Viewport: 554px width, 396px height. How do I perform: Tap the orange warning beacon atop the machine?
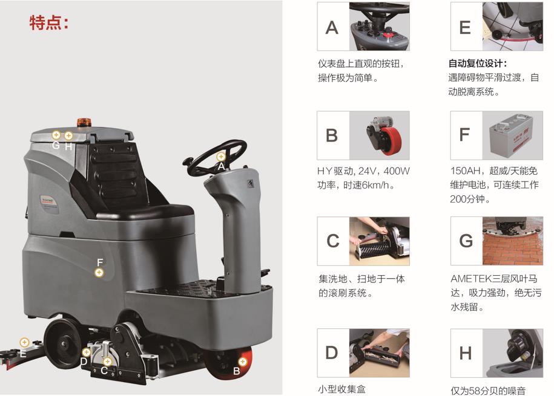[x=84, y=122]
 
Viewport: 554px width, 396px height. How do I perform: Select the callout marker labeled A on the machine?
[x=221, y=157]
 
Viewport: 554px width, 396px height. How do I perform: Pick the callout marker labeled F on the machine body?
[x=99, y=273]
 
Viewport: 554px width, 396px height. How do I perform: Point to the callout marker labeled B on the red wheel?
[x=242, y=362]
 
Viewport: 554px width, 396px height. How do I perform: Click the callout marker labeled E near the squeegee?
[x=24, y=342]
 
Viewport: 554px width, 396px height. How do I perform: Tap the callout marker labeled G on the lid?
[x=56, y=134]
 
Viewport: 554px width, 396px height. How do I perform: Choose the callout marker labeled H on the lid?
[x=68, y=135]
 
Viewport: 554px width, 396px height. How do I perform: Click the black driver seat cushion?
[x=145, y=212]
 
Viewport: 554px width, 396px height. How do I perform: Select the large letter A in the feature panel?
[x=332, y=28]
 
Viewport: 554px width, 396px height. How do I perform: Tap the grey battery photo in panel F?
[x=512, y=135]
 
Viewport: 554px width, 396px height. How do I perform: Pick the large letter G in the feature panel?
[x=466, y=241]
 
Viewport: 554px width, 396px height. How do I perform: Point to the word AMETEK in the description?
[x=471, y=279]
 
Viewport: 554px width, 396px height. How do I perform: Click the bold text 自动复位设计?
[x=477, y=63]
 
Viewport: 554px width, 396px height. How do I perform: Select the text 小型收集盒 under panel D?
[x=341, y=389]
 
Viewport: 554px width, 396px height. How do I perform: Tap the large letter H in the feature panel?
[x=466, y=353]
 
